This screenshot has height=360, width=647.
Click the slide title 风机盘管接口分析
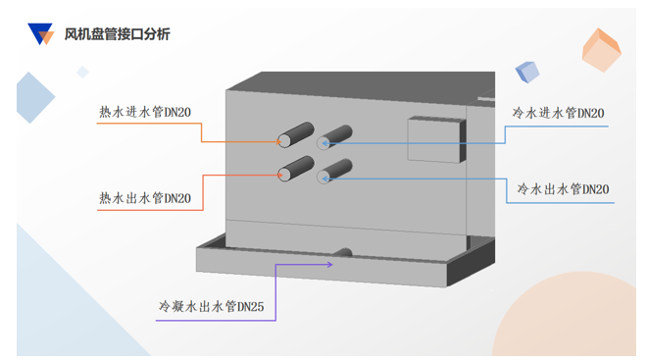click(118, 34)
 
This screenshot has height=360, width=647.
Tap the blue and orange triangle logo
click(40, 34)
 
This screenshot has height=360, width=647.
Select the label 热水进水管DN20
click(145, 112)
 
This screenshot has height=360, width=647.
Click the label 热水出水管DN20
click(145, 198)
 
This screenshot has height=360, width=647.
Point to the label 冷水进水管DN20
click(559, 113)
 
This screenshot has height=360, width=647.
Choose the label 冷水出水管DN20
click(564, 189)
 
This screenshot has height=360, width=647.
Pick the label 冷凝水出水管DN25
click(212, 306)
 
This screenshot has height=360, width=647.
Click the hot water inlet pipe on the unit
click(295, 134)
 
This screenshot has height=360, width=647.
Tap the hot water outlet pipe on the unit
click(295, 169)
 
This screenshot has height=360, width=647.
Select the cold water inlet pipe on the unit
click(334, 137)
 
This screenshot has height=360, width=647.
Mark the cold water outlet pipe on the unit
click(334, 172)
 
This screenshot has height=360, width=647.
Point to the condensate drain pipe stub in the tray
click(342, 252)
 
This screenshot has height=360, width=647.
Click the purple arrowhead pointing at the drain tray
click(329, 264)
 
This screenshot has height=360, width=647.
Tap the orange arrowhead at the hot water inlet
click(278, 142)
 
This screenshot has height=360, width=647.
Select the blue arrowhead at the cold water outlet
click(325, 179)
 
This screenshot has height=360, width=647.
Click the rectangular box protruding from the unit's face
click(436, 139)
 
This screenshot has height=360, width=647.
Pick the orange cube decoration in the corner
click(601, 50)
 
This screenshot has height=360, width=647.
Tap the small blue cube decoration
click(527, 72)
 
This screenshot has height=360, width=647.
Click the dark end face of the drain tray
click(471, 263)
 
